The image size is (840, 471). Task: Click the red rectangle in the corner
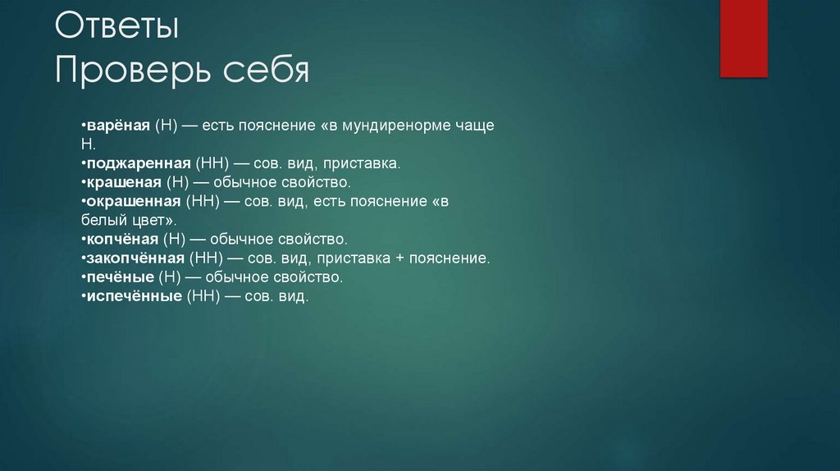pyautogui.click(x=743, y=39)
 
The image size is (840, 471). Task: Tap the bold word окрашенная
pyautogui.click(x=133, y=202)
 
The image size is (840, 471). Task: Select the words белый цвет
pyautogui.click(x=128, y=221)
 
